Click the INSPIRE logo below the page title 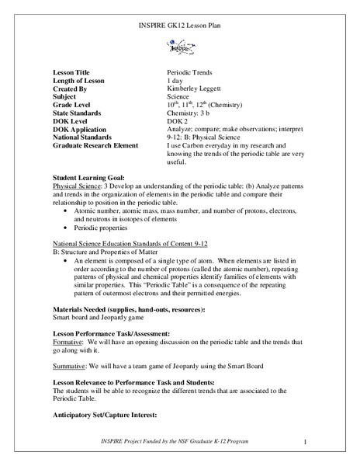[180, 47]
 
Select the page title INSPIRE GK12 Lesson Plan [180, 28]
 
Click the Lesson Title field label [73, 72]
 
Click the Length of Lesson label [82, 81]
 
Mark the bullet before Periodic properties [66, 229]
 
